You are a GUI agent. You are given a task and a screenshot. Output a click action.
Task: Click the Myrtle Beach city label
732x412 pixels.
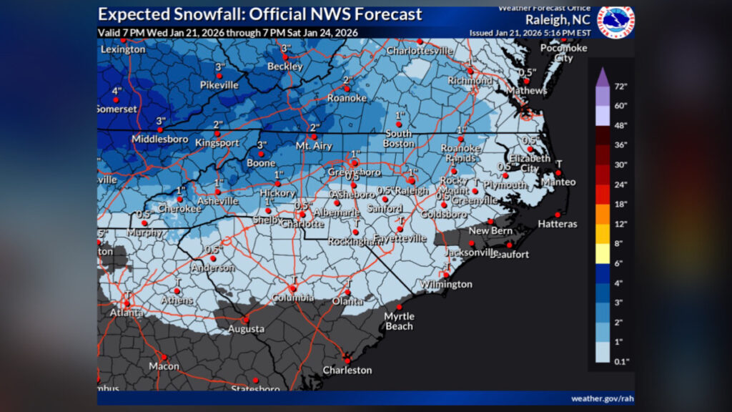pos(398,321)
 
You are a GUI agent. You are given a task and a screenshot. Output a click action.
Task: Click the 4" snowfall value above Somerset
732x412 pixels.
pos(117,91)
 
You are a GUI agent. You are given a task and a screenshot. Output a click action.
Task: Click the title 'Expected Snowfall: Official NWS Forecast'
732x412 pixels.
pos(260,14)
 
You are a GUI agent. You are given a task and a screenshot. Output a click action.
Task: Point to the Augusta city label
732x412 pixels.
pos(246,329)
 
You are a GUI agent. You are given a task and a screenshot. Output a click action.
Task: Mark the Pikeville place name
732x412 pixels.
pos(219,84)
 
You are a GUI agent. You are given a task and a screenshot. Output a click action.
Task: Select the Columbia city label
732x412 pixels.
pos(292,298)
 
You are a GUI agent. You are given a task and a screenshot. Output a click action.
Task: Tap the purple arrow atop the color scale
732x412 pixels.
pos(603,74)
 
